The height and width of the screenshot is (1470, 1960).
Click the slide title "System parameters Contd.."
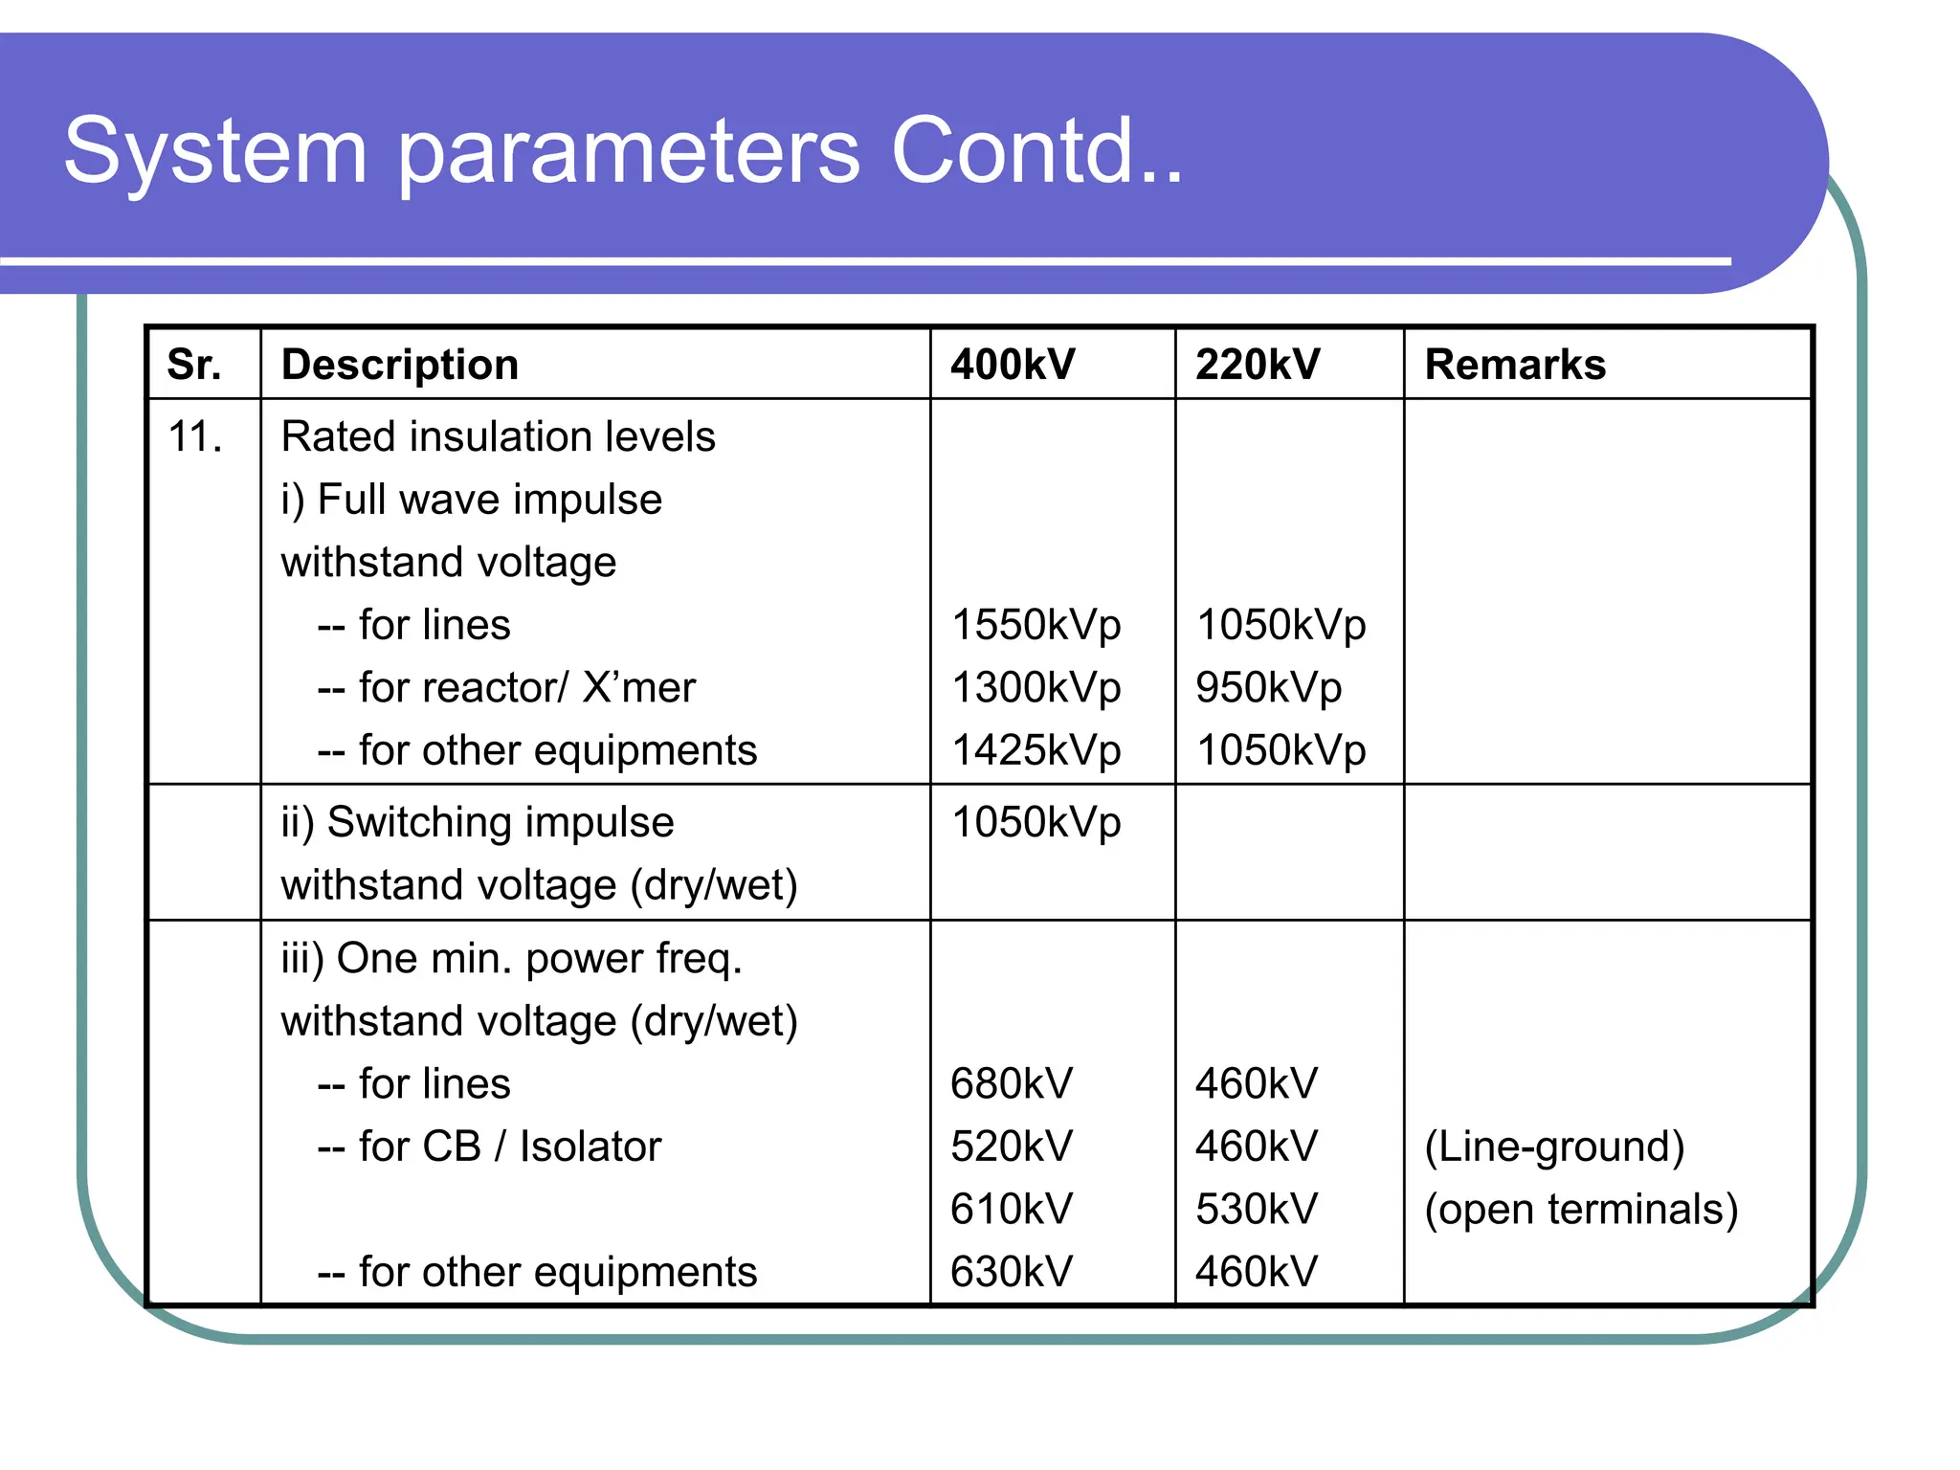click(x=623, y=151)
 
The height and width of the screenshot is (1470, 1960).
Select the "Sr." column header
click(x=194, y=365)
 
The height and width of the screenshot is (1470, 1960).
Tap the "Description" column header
click(x=400, y=365)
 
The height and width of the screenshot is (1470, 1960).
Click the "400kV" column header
click(x=1013, y=365)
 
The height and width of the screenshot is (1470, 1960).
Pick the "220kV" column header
click(x=1258, y=365)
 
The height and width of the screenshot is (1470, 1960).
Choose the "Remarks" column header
click(x=1515, y=365)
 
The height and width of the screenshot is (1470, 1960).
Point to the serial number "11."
click(x=195, y=437)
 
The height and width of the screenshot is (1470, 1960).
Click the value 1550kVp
click(x=1036, y=625)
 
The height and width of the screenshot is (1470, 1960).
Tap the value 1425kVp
click(x=1036, y=750)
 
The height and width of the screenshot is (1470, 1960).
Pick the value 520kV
click(x=1012, y=1147)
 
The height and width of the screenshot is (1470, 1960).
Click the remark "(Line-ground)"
click(x=1554, y=1147)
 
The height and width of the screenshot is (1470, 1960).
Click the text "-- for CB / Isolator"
click(x=489, y=1147)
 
